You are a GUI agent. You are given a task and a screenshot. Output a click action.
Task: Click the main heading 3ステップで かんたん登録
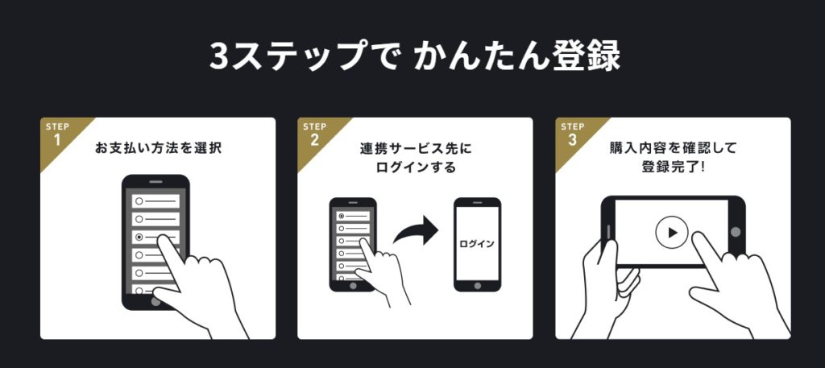point(415,56)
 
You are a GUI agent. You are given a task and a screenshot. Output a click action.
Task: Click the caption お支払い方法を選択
point(158,149)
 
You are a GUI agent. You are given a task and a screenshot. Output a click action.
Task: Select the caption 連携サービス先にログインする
point(416,158)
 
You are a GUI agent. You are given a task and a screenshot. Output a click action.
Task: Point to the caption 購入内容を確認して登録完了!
point(673,158)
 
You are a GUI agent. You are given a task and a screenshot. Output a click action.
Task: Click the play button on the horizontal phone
point(672,233)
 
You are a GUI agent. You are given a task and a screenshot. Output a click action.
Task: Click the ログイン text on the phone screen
point(477,244)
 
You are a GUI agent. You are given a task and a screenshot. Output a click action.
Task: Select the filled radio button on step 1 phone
point(139,237)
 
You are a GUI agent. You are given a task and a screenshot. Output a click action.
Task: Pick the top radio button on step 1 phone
point(139,201)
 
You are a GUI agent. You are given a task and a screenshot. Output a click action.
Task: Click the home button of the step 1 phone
point(155,302)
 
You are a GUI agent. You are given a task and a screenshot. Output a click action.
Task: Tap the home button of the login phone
point(477,286)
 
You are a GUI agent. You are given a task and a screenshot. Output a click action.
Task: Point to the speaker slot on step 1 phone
point(155,182)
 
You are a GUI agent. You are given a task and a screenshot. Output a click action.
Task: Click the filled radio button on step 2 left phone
point(342,216)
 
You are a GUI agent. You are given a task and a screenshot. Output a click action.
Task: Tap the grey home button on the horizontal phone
point(736,232)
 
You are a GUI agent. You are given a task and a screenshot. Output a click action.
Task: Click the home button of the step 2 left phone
point(353,286)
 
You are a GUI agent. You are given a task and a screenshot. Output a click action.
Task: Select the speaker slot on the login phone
point(477,202)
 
